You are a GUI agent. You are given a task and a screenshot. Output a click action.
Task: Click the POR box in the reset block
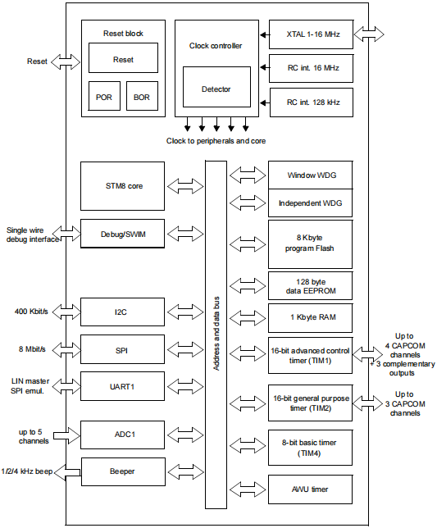point(104,96)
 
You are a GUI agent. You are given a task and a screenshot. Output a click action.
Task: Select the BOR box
point(142,96)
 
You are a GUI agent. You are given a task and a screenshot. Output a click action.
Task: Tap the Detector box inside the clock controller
point(216,87)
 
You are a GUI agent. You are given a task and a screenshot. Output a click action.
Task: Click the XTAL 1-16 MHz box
point(311,34)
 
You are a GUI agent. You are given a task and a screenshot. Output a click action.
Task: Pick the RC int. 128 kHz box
point(312,102)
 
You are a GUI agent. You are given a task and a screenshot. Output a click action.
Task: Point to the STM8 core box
point(122,186)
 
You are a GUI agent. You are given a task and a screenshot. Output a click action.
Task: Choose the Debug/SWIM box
point(122,234)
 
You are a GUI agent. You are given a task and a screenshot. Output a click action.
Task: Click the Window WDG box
point(311,175)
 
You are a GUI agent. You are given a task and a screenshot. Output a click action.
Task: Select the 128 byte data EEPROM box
point(311,286)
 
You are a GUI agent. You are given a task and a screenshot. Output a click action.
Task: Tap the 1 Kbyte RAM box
point(311,318)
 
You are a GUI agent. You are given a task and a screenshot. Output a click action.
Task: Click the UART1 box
point(122,386)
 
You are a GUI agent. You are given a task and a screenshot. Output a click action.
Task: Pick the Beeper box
point(123,471)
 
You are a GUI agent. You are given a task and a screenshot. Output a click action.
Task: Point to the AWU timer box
point(311,489)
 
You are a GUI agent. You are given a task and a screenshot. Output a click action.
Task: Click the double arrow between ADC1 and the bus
point(185,435)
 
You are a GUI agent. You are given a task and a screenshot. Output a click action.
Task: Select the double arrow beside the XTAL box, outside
point(369,34)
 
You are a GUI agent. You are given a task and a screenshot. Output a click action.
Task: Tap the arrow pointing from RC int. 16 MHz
point(265,68)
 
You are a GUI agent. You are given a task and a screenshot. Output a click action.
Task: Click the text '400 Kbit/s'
point(31,312)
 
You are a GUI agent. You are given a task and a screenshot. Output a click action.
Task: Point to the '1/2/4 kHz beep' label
point(27,471)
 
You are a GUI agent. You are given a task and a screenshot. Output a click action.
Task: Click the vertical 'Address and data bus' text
point(216,334)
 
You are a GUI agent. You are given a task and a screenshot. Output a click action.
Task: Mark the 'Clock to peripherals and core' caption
point(216,141)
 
